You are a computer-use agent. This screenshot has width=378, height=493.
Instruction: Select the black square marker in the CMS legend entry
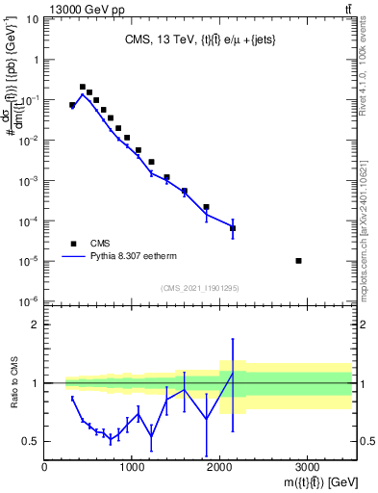pos(72,244)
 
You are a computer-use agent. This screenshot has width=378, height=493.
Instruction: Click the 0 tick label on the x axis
pos(45,467)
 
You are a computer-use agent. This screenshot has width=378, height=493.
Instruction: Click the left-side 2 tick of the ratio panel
pos(36,324)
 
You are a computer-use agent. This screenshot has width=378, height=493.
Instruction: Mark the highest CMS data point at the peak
pos(83,87)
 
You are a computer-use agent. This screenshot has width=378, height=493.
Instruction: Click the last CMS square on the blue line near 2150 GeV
pos(233,228)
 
